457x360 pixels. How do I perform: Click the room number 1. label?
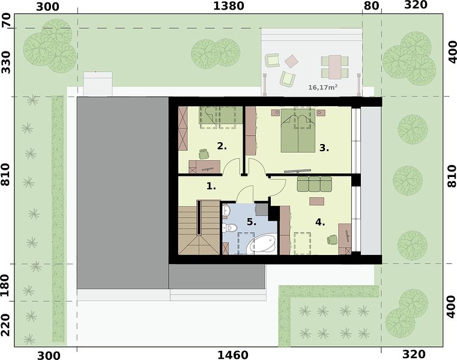(211, 186)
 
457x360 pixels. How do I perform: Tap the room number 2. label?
(222, 146)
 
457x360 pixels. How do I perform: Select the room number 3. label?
(324, 148)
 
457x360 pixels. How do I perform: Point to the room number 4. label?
(320, 222)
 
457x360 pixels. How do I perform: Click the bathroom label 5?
(252, 222)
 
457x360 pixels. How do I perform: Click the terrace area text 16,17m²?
(323, 87)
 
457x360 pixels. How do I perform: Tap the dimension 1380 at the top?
(229, 6)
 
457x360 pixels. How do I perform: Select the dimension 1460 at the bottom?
(233, 355)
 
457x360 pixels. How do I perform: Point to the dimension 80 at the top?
(372, 6)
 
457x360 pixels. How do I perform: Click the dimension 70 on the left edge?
(7, 20)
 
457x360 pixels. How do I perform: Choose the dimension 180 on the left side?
(6, 285)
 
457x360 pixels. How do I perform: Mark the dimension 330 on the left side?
(6, 62)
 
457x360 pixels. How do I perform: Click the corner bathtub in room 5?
(262, 244)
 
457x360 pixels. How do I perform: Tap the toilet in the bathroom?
(230, 227)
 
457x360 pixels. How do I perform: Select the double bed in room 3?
(298, 131)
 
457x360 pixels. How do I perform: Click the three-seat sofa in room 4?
(314, 184)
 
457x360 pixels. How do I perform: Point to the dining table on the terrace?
(335, 67)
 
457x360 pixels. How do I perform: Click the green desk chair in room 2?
(204, 154)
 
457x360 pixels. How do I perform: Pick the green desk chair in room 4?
(332, 240)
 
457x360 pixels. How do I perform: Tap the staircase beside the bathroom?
(199, 227)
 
